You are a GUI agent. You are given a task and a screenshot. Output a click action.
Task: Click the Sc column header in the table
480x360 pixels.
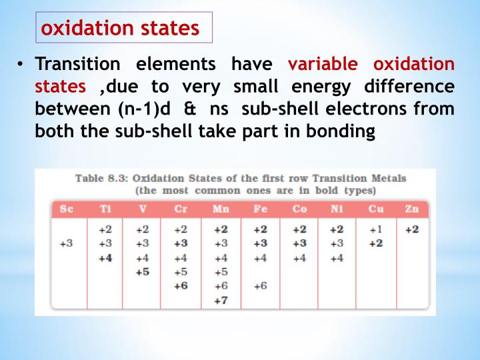click(x=66, y=209)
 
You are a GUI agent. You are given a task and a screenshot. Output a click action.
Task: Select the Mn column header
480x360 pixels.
click(x=221, y=209)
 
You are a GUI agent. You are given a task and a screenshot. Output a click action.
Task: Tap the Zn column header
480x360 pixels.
click(x=411, y=209)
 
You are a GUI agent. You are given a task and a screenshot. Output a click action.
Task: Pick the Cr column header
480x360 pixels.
click(x=181, y=209)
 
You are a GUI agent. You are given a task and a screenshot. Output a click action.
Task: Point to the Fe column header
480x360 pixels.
click(x=260, y=209)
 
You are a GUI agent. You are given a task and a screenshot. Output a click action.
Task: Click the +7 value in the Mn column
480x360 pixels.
click(x=221, y=300)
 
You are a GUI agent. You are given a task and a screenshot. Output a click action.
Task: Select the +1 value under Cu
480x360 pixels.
click(x=377, y=229)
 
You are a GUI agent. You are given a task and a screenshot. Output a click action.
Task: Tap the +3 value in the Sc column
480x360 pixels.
click(x=66, y=243)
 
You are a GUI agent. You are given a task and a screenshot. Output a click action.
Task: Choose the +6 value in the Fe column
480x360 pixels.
click(x=260, y=285)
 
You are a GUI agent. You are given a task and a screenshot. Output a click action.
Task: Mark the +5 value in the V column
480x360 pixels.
click(x=142, y=271)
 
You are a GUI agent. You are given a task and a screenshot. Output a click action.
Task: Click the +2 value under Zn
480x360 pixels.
click(x=411, y=229)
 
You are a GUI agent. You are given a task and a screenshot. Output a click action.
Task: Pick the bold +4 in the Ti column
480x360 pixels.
click(x=105, y=257)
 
